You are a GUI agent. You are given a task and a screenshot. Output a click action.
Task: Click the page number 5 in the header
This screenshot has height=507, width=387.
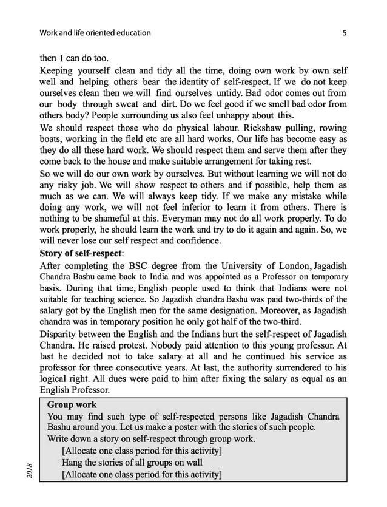pos(344,32)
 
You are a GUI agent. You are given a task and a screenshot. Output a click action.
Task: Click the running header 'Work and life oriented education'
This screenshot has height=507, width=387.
pos(95,32)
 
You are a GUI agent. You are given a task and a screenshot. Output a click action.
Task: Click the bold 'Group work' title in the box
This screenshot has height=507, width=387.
pos(72,405)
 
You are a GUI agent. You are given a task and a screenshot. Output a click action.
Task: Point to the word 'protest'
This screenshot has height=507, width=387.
pos(140,345)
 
